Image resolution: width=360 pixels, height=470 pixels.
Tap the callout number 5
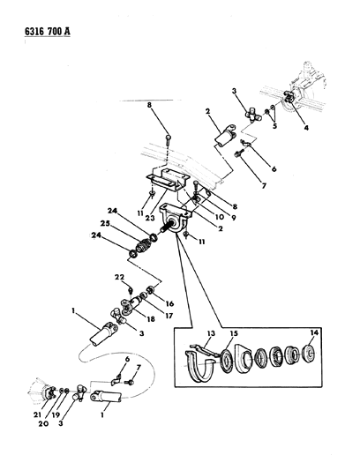273,126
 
